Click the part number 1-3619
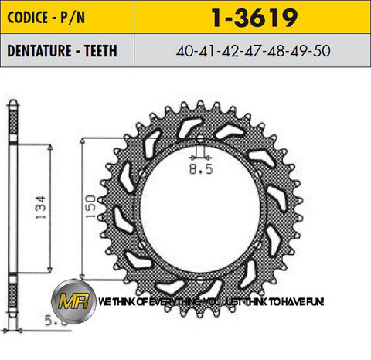[x=251, y=15]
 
